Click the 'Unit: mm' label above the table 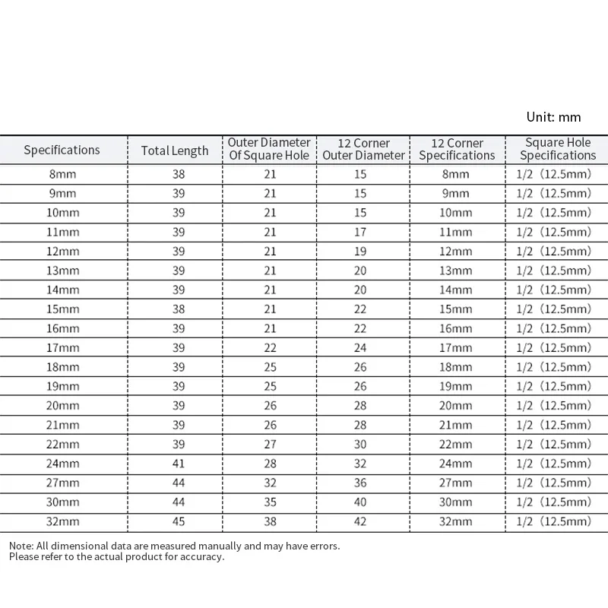(x=553, y=117)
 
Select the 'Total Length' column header (x=175, y=150)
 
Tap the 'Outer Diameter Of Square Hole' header (x=269, y=149)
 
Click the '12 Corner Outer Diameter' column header (x=363, y=149)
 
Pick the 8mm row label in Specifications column (x=62, y=174)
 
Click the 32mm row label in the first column (x=62, y=522)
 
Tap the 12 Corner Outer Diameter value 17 (x=360, y=232)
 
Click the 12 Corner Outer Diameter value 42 (x=360, y=522)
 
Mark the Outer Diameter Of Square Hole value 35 (x=270, y=502)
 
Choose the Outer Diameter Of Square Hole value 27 (x=270, y=445)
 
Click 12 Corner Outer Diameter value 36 (x=360, y=483)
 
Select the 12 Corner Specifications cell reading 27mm (x=456, y=483)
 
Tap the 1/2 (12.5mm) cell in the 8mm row (x=553, y=174)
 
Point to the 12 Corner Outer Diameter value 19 (x=360, y=252)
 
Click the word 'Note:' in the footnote (x=22, y=546)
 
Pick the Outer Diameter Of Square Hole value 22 (x=270, y=348)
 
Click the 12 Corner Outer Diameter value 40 (x=360, y=502)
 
